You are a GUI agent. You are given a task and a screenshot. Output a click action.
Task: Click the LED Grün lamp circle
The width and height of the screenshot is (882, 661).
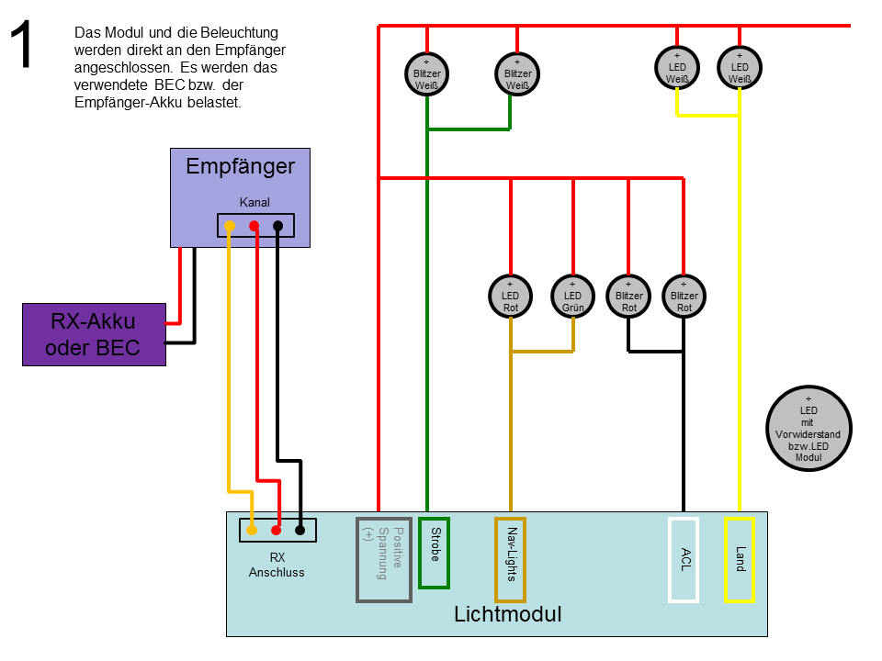(572, 297)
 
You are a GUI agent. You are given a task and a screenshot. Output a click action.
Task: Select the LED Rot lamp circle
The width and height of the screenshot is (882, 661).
(510, 297)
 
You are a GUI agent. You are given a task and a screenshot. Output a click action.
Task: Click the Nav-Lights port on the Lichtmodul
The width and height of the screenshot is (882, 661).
(510, 560)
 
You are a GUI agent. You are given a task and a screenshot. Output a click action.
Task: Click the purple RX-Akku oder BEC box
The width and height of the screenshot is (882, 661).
(94, 334)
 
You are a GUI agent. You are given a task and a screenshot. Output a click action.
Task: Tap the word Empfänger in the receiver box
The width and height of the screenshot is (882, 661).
(240, 166)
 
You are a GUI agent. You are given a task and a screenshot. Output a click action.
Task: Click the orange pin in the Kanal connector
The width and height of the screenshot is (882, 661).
(230, 226)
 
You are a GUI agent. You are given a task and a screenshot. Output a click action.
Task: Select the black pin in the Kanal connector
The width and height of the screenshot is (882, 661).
(277, 226)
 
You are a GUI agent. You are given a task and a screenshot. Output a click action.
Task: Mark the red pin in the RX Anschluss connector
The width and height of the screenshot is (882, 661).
(277, 530)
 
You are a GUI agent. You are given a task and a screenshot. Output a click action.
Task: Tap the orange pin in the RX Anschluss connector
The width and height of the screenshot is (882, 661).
(252, 530)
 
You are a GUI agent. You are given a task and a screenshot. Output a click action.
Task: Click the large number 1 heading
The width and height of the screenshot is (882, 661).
(22, 44)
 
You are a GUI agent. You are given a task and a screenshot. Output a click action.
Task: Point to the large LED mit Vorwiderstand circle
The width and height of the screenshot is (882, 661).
(808, 429)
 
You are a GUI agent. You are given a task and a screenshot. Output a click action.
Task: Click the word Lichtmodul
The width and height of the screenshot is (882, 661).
(508, 614)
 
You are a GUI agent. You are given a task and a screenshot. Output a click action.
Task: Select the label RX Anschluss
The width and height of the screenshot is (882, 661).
(277, 565)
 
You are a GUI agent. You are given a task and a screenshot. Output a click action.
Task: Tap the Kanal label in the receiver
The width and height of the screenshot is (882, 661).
(254, 202)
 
